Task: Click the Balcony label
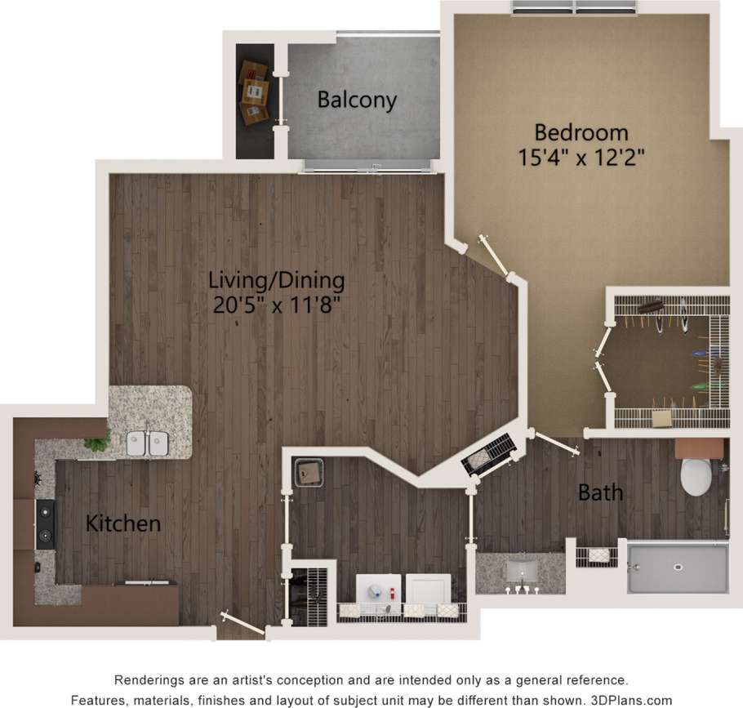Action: [357, 100]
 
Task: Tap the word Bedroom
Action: [581, 131]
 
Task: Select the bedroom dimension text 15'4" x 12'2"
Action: [581, 157]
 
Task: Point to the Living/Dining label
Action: [276, 280]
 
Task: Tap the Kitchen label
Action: [123, 523]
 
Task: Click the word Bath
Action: [600, 492]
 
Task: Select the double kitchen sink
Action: [148, 442]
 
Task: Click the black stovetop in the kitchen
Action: [45, 524]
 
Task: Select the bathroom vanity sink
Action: [519, 568]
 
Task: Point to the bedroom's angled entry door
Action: [496, 256]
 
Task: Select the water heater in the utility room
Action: [309, 472]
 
